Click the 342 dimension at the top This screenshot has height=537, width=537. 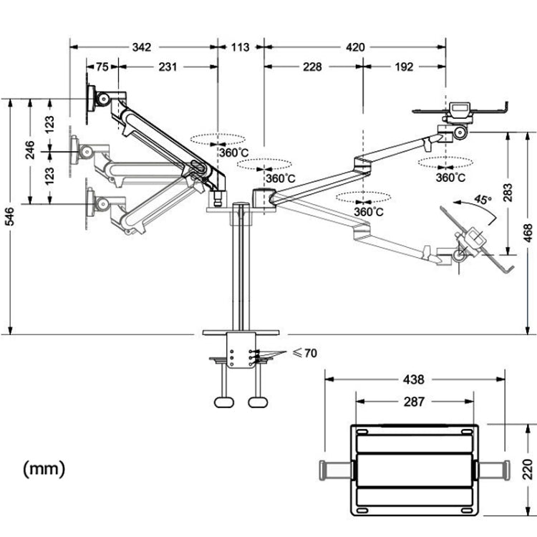pyautogui.click(x=142, y=47)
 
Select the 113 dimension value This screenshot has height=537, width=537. pyautogui.click(x=240, y=47)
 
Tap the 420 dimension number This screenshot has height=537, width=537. pyautogui.click(x=355, y=47)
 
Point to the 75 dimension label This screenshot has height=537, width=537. pyautogui.click(x=102, y=67)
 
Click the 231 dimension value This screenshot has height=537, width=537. pyautogui.click(x=168, y=67)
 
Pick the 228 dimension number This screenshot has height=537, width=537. pyautogui.click(x=312, y=67)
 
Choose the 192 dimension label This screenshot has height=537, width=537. pyautogui.click(x=404, y=67)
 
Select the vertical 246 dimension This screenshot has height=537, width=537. pyautogui.click(x=29, y=151)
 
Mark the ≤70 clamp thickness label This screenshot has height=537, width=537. pyautogui.click(x=305, y=352)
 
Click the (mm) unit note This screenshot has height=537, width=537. pyautogui.click(x=44, y=469)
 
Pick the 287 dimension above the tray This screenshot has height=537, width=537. pyautogui.click(x=413, y=402)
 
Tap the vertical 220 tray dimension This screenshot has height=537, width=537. pyautogui.click(x=528, y=470)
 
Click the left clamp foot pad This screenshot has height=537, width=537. pyautogui.click(x=224, y=401)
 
